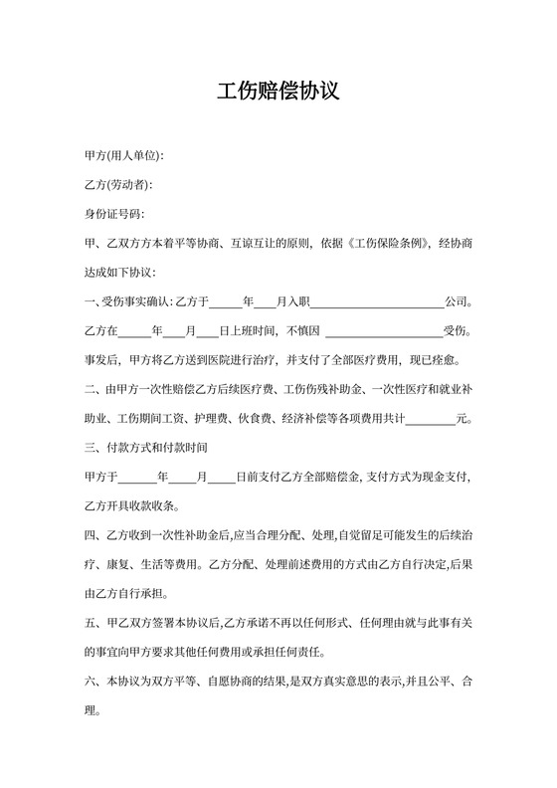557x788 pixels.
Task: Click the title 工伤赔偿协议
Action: click(278, 93)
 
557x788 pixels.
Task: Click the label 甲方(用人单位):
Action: click(124, 157)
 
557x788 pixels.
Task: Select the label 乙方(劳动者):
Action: click(119, 186)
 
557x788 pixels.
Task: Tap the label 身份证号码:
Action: click(114, 215)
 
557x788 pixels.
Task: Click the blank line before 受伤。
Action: click(384, 330)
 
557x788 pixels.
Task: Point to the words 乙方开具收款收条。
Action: click(131, 506)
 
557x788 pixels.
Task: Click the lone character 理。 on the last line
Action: click(92, 712)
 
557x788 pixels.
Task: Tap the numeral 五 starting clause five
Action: click(91, 625)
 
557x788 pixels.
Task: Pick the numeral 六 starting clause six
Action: click(91, 684)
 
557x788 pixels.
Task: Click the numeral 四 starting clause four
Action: click(91, 536)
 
